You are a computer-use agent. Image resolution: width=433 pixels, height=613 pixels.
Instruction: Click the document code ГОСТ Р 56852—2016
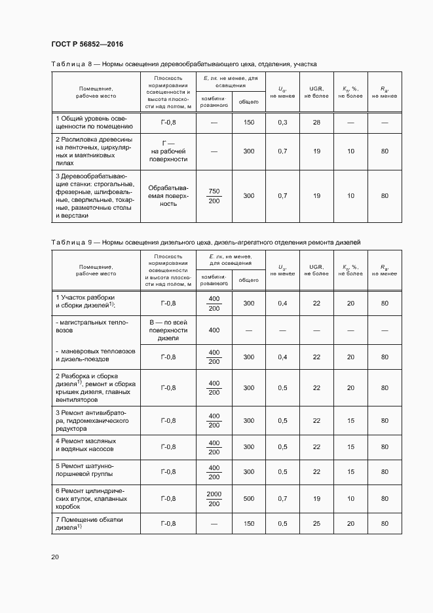tap(87, 44)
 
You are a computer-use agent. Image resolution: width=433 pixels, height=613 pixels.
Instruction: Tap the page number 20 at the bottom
tap(55, 557)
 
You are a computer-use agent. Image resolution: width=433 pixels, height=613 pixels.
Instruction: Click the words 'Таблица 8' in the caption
tap(73, 64)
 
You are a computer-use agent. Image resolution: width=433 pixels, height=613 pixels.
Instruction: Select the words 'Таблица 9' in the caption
tap(73, 243)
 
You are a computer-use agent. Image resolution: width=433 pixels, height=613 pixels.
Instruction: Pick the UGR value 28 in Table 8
tap(316, 123)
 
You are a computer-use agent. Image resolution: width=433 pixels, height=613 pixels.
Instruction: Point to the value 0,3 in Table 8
tap(282, 123)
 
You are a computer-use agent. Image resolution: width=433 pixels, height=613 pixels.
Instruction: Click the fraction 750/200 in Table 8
tap(214, 196)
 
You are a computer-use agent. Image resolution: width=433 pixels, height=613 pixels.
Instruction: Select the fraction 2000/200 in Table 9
tap(214, 498)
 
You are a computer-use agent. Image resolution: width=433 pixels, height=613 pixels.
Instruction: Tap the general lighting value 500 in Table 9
tap(248, 498)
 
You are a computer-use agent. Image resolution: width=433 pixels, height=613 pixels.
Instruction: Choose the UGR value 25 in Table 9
tap(316, 523)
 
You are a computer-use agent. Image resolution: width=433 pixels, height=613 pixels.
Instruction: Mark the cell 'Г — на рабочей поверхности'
tap(168, 151)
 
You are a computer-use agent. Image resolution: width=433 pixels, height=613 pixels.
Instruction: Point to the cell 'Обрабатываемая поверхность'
tap(168, 196)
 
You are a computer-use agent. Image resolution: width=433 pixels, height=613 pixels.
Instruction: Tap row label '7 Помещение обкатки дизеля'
tap(89, 523)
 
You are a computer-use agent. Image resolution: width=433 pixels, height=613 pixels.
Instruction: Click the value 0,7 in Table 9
tap(282, 498)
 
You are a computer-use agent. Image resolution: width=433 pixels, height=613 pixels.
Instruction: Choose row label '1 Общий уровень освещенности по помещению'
tap(94, 123)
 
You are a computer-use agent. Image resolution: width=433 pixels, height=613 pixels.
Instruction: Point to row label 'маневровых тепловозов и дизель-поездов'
tap(95, 356)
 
